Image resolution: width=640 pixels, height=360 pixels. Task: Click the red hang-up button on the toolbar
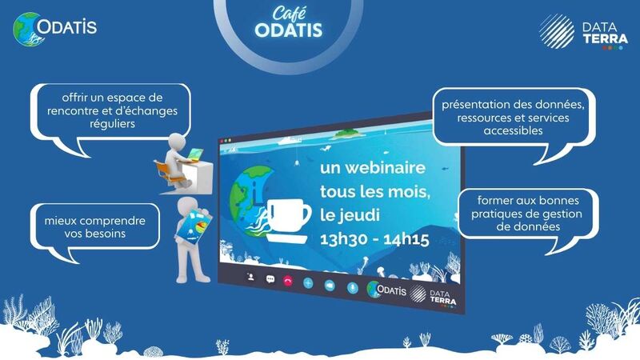pyautogui.click(x=288, y=281)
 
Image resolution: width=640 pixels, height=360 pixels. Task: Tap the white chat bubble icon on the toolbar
pyautogui.click(x=270, y=279)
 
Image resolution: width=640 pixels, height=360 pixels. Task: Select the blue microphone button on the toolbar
pyautogui.click(x=352, y=288)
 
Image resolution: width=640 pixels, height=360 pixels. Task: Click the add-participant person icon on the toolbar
pyautogui.click(x=250, y=277)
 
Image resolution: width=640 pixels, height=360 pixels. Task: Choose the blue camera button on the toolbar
pyautogui.click(x=330, y=286)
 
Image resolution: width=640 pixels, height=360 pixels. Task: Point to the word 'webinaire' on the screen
pyautogui.click(x=373, y=168)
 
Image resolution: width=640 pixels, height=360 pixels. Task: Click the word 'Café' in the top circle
pyautogui.click(x=289, y=13)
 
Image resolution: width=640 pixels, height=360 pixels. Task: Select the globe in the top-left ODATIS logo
pyautogui.click(x=27, y=30)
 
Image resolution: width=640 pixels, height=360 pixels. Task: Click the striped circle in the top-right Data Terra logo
pyautogui.click(x=556, y=31)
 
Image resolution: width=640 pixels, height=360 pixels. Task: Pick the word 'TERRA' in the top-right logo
pyautogui.click(x=606, y=38)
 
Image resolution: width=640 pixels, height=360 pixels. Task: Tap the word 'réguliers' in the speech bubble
pyautogui.click(x=112, y=124)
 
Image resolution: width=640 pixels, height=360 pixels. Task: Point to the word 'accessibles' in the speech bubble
pyautogui.click(x=513, y=130)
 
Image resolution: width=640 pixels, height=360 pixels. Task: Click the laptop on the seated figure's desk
pyautogui.click(x=194, y=154)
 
